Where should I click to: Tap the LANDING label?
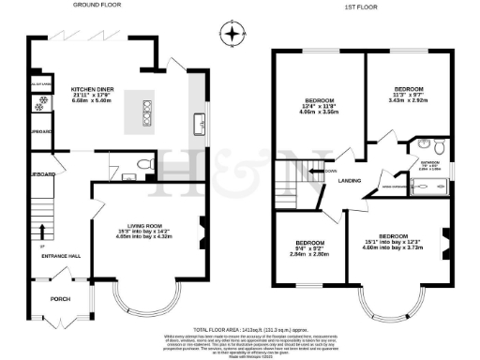[x=351, y=181]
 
